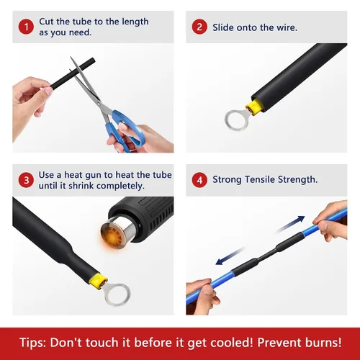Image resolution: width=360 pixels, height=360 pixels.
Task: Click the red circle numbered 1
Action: (26, 27)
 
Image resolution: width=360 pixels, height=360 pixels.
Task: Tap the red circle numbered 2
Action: (199, 27)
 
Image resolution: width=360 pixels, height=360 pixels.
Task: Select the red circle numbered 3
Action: (26, 180)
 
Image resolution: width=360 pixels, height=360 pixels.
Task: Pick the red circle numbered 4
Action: (199, 180)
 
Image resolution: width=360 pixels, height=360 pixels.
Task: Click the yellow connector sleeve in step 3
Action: (98, 282)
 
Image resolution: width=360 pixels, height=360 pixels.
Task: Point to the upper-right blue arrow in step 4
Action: (291, 224)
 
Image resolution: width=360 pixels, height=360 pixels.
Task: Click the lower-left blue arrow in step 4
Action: (230, 256)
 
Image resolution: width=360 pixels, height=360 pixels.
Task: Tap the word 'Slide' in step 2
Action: (223, 27)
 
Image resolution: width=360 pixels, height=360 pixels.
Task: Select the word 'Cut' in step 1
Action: (46, 22)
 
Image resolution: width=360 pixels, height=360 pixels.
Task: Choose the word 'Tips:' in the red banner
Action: (32, 342)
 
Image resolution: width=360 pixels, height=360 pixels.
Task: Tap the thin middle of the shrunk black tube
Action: (267, 255)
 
